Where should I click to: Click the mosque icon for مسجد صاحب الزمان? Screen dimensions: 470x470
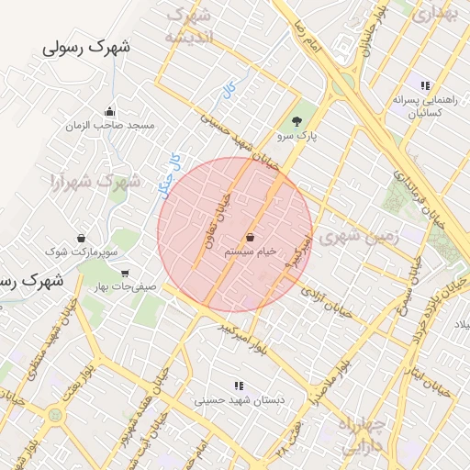pyautogui.click(x=111, y=110)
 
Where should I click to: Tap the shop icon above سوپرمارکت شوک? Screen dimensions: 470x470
pyautogui.click(x=82, y=237)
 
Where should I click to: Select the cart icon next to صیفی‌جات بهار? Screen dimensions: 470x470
pyautogui.click(x=125, y=274)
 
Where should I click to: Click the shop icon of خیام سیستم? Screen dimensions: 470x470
pyautogui.click(x=251, y=237)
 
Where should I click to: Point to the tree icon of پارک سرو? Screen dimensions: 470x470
pyautogui.click(x=296, y=121)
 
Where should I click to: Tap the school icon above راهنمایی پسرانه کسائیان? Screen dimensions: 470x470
pyautogui.click(x=424, y=84)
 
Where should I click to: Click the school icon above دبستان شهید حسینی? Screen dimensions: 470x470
pyautogui.click(x=239, y=386)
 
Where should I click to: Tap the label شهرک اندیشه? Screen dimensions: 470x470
pyautogui.click(x=188, y=27)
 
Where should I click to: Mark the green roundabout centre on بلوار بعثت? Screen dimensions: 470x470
pyautogui.click(x=55, y=415)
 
